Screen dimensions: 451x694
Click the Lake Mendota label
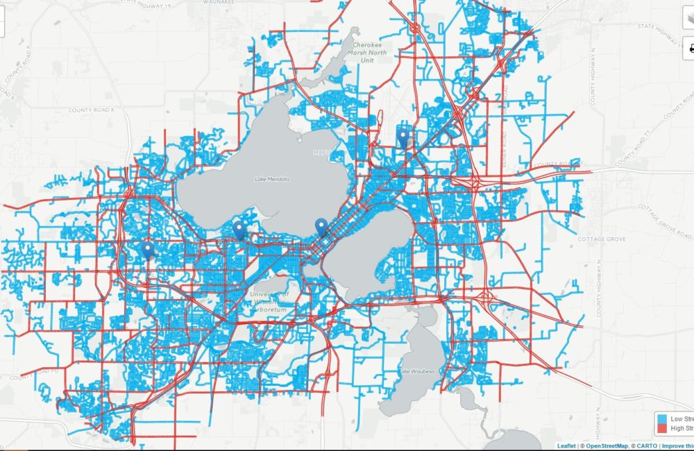[x=271, y=179]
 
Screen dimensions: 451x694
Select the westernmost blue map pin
[x=147, y=249]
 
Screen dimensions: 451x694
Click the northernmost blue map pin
[x=403, y=136]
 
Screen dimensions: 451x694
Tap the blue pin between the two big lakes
[x=321, y=226]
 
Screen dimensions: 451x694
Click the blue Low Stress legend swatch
[x=662, y=419]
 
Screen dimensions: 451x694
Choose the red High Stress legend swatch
[x=662, y=429]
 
